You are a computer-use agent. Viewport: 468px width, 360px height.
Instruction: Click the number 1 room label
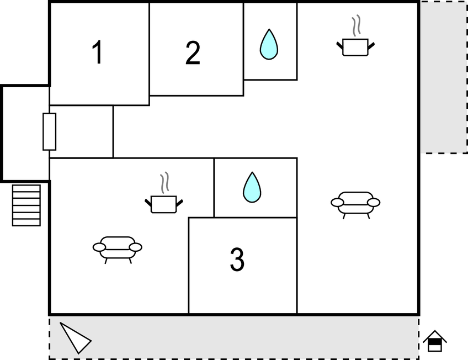click(98, 52)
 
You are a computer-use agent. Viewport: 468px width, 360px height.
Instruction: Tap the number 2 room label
click(193, 53)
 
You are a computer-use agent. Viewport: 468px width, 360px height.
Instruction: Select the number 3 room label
click(237, 260)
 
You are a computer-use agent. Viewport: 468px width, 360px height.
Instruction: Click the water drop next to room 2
click(269, 44)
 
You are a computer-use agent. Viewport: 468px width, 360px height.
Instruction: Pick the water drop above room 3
click(252, 188)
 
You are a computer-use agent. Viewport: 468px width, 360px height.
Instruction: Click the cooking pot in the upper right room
click(355, 47)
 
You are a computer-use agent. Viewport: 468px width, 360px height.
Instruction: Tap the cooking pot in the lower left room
click(164, 204)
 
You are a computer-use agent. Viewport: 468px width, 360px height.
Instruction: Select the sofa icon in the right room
click(355, 205)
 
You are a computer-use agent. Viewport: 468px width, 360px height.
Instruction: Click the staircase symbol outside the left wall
click(26, 205)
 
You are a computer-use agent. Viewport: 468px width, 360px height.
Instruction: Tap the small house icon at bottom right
click(435, 341)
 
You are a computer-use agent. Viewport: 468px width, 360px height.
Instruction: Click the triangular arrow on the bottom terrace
click(75, 338)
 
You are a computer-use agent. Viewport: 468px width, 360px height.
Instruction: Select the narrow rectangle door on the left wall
click(49, 131)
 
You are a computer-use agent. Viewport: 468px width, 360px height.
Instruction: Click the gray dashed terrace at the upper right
click(444, 77)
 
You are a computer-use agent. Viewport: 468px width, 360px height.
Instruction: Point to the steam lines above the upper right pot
click(356, 26)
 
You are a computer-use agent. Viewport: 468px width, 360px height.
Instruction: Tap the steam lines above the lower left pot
click(164, 183)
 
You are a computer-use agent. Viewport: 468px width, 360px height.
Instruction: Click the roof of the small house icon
click(435, 336)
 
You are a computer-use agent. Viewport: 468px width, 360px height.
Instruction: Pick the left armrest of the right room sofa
click(337, 203)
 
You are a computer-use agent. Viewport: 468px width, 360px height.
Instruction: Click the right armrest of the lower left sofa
click(136, 247)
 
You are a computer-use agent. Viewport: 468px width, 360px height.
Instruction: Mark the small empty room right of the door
click(81, 131)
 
